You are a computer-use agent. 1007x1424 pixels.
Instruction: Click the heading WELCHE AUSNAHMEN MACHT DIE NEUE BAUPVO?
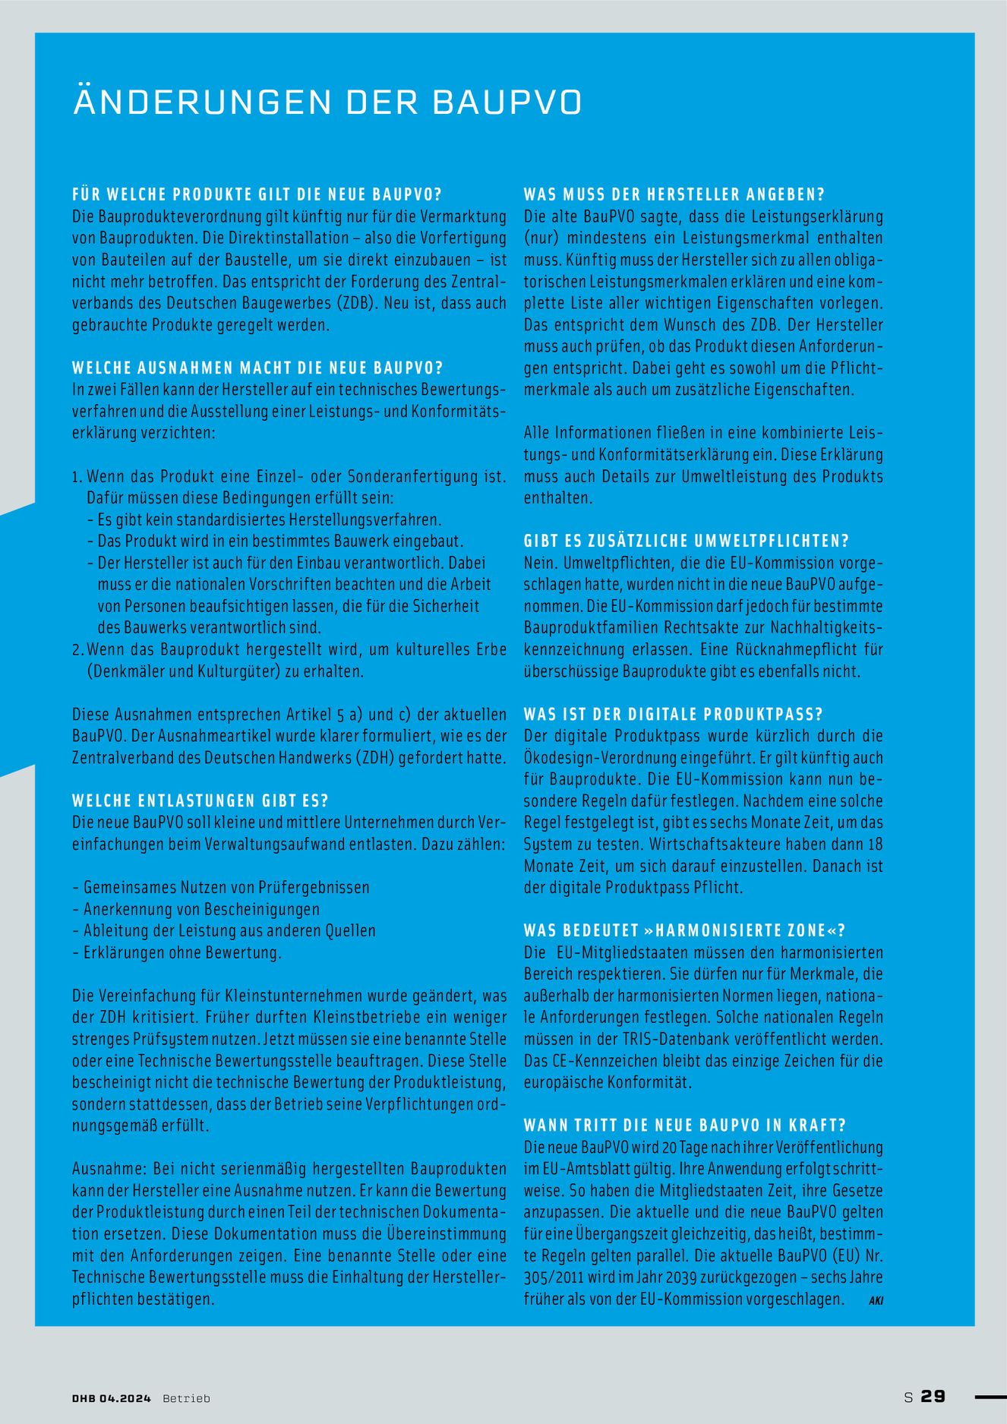tap(257, 368)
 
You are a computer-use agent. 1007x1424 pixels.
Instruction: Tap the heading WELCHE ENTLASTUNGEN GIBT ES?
tap(200, 801)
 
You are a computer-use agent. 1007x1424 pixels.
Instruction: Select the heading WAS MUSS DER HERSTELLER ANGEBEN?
tap(674, 195)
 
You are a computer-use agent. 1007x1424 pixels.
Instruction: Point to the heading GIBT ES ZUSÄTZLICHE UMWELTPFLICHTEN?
tap(687, 541)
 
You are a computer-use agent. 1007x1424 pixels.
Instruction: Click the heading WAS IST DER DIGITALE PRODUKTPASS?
tap(674, 715)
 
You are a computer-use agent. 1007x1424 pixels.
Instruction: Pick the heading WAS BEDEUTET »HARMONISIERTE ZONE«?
tap(685, 931)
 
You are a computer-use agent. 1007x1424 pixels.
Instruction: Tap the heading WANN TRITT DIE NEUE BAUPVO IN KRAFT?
tap(685, 1126)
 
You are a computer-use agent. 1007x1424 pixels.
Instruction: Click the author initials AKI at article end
tap(876, 1301)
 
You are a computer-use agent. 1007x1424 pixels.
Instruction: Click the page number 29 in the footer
tap(933, 1397)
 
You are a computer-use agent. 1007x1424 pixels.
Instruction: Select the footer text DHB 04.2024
tap(112, 1398)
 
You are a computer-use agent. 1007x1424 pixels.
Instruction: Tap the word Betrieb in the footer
tap(186, 1398)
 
